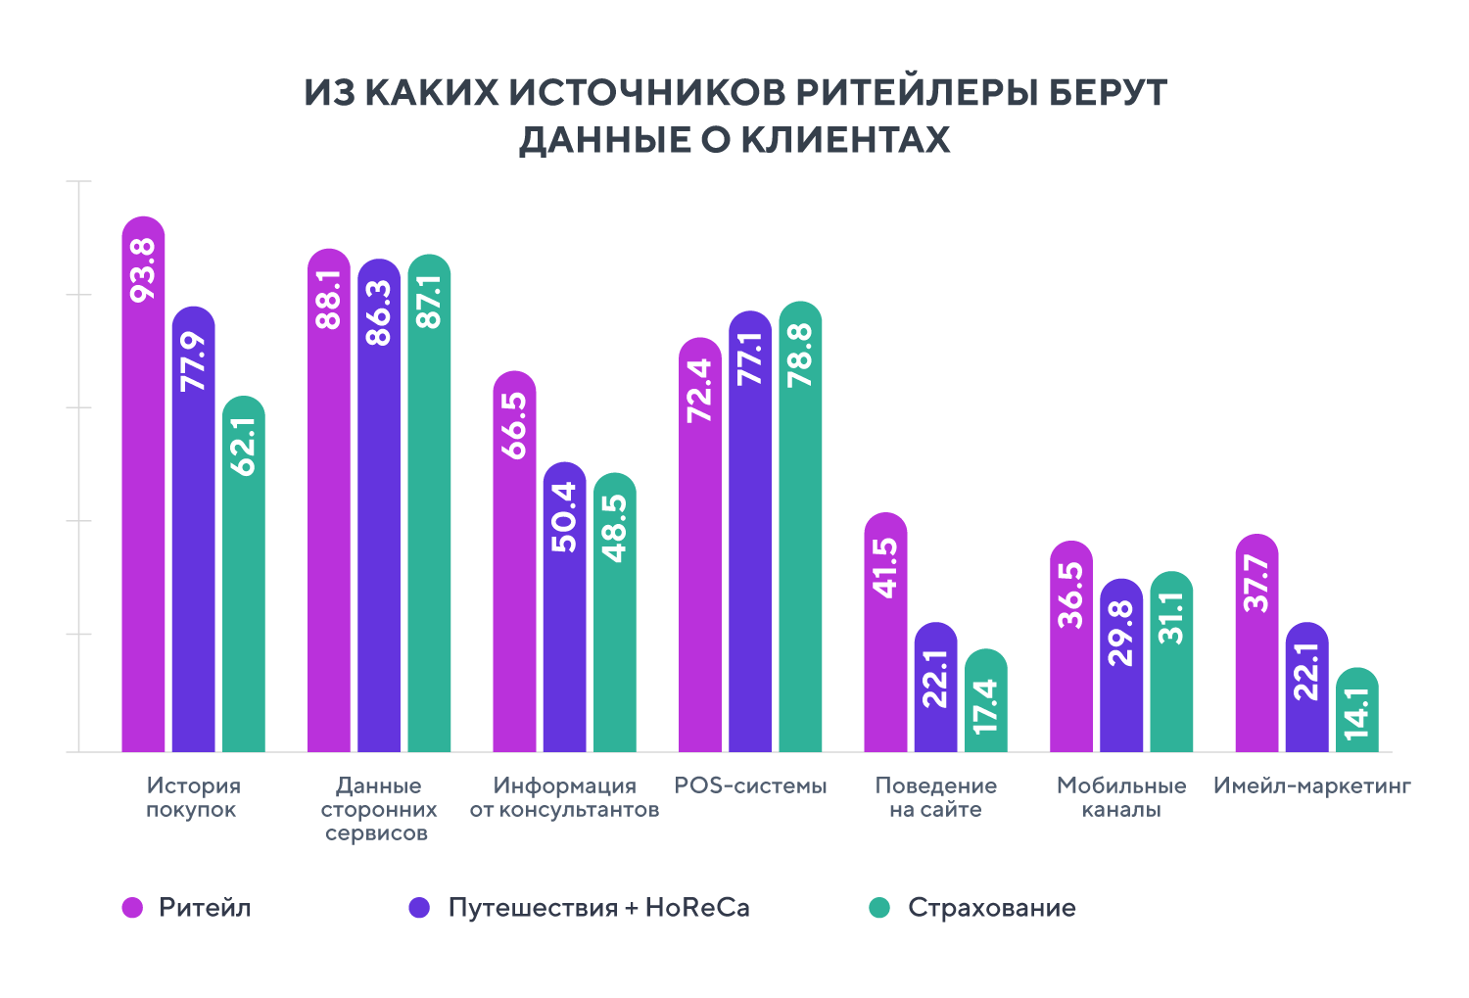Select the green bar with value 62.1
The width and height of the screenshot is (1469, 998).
pos(244,578)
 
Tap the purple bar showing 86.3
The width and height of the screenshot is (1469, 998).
pos(379,509)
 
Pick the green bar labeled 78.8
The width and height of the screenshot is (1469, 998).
pos(800,529)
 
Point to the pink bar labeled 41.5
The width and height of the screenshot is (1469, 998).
pos(885,637)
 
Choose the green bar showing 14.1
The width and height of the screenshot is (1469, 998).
pos(1357,712)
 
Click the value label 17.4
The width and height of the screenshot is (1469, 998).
pos(986,706)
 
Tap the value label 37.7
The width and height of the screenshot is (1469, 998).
pos(1256,583)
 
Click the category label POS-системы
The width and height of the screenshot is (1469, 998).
pos(750,785)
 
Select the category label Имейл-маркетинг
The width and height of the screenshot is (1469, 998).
pos(1311,785)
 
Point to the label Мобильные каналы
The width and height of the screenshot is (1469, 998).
pos(1121,797)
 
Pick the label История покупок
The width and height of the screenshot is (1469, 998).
pos(193,797)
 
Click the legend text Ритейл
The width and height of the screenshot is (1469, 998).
pos(205,908)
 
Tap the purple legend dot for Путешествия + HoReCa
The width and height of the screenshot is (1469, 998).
pos(419,908)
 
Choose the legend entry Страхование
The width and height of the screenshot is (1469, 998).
pos(991,908)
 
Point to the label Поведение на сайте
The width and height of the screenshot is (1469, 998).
pos(935,797)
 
